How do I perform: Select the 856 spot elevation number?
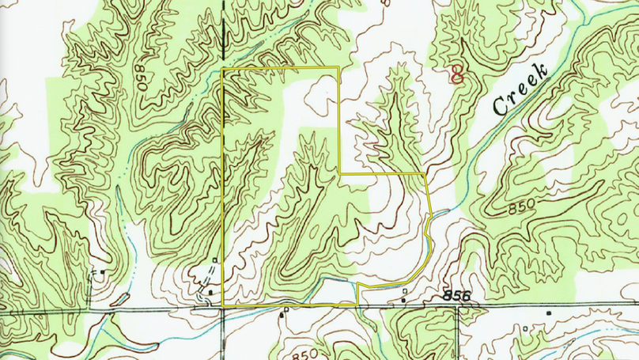457,296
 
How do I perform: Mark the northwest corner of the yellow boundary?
224,70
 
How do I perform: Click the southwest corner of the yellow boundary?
224,305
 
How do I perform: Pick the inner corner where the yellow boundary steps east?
340,172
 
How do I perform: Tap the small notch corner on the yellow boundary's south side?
359,285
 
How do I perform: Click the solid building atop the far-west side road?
103,272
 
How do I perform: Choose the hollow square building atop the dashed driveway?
215,260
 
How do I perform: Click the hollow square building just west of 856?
405,291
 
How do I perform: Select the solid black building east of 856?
547,313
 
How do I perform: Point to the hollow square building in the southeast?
524,327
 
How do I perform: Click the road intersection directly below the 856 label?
457,307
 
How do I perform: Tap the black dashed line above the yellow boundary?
224,32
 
